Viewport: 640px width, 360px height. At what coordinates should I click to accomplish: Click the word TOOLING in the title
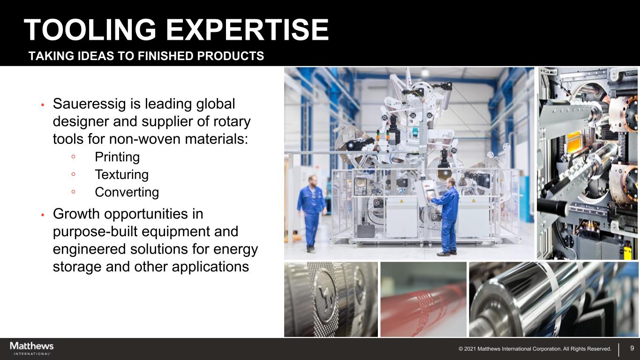point(90,30)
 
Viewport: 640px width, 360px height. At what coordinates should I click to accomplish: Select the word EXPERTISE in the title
point(248,30)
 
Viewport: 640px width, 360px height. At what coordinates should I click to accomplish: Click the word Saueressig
point(89,104)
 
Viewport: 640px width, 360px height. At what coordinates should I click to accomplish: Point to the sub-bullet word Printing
point(117,157)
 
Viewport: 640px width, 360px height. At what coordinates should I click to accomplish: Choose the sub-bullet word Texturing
point(122,175)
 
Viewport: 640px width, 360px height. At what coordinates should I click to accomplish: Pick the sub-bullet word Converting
point(127,192)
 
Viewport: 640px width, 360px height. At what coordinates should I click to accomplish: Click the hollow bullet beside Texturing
point(74,174)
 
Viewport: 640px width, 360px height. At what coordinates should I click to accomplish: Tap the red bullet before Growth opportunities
point(43,215)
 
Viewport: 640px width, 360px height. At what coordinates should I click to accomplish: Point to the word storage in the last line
point(77,267)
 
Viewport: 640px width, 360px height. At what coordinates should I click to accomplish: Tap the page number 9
point(632,348)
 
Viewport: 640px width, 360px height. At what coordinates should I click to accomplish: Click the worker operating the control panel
point(446,216)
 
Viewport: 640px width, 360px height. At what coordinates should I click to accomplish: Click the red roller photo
point(423,300)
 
